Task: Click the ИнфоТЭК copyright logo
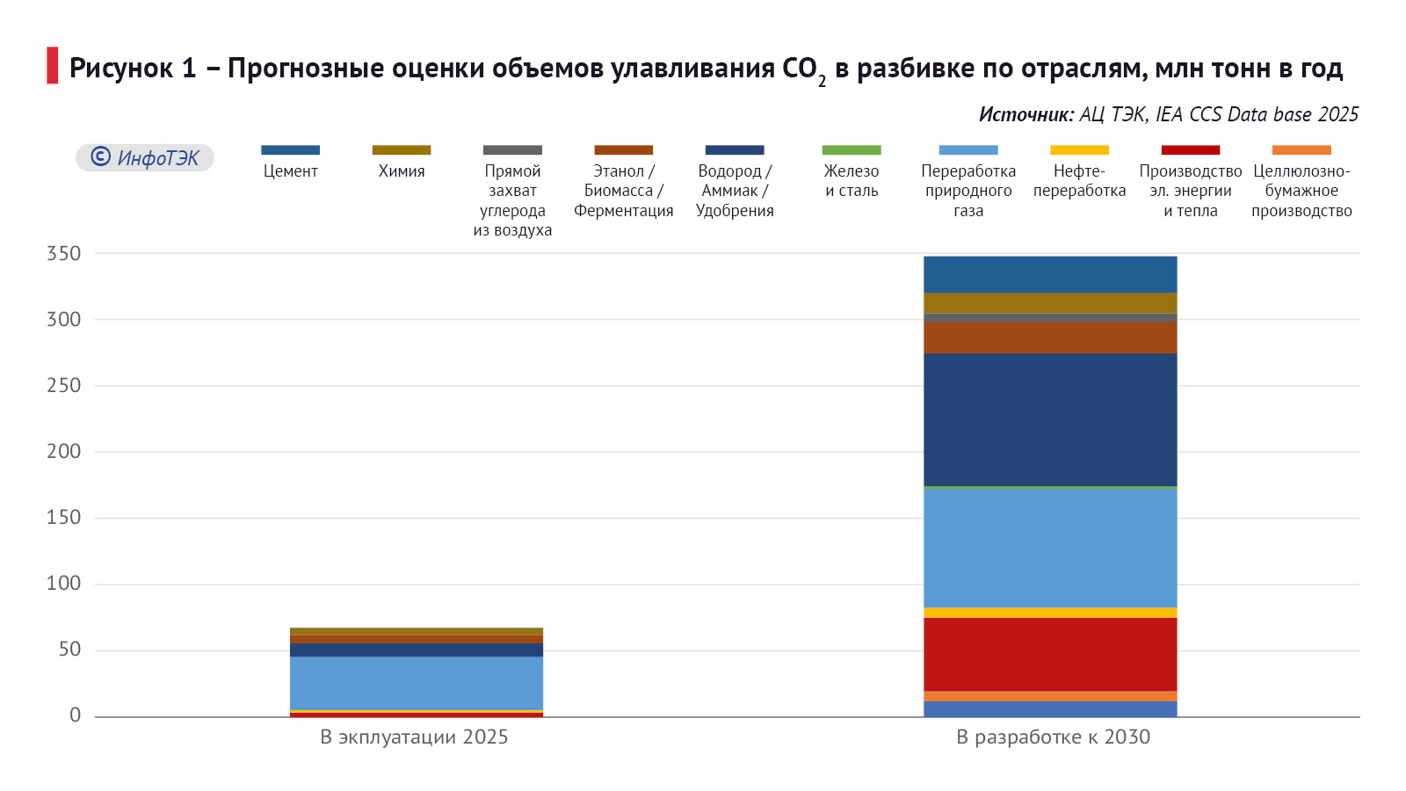pyautogui.click(x=145, y=158)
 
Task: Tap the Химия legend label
pyautogui.click(x=402, y=171)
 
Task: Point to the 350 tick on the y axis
pyautogui.click(x=63, y=254)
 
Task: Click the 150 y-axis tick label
pyautogui.click(x=63, y=518)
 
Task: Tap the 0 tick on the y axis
pyautogui.click(x=75, y=715)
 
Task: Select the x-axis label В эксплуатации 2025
pyautogui.click(x=414, y=737)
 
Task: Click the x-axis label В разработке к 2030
pyautogui.click(x=1053, y=737)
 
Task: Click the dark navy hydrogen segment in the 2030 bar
pyautogui.click(x=1050, y=419)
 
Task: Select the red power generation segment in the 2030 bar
pyautogui.click(x=1050, y=654)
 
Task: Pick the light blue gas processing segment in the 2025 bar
pyautogui.click(x=417, y=682)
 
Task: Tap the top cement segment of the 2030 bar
pyautogui.click(x=1050, y=274)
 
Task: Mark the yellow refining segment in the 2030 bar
pyautogui.click(x=1050, y=613)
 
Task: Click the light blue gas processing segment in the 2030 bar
pyautogui.click(x=1050, y=547)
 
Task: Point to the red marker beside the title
pyautogui.click(x=53, y=66)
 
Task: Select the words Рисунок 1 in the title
pyautogui.click(x=133, y=69)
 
